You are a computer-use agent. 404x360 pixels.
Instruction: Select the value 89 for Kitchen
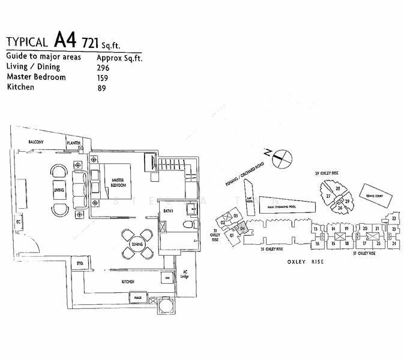click(x=101, y=88)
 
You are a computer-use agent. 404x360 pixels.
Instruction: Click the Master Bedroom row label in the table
click(x=37, y=77)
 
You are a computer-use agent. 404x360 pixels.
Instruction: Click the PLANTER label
click(x=74, y=143)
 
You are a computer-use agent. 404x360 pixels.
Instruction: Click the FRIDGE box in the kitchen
click(x=137, y=296)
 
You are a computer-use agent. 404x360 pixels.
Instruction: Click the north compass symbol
click(x=282, y=158)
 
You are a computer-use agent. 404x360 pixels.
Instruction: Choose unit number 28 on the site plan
click(x=338, y=189)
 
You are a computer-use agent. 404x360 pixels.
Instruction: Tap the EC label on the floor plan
click(x=19, y=221)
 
